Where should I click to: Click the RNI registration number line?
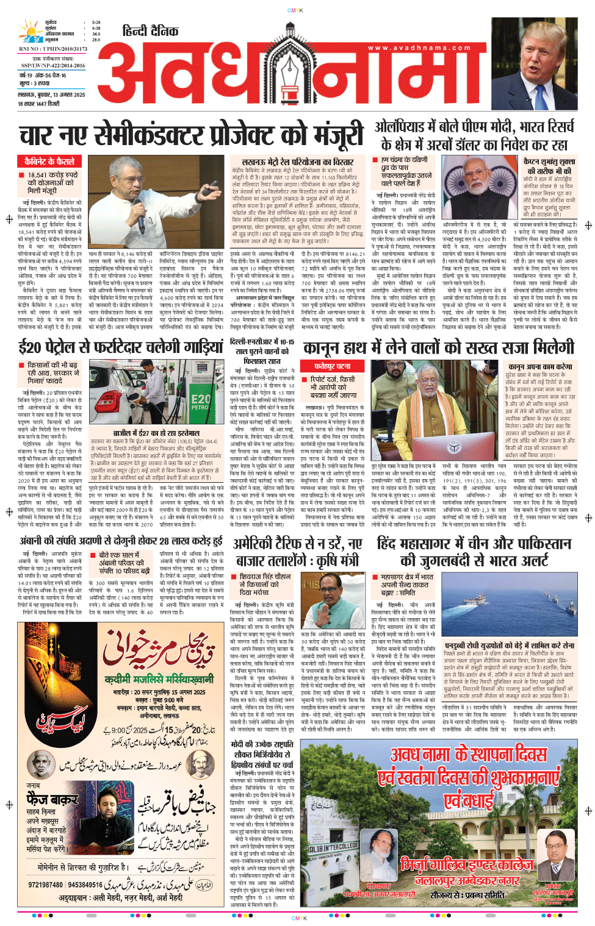point(52,49)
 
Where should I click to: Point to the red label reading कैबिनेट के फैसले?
point(49,162)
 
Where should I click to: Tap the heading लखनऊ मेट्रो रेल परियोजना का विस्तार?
point(298,162)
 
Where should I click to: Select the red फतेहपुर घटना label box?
point(332,366)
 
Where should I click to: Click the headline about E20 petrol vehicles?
point(120,347)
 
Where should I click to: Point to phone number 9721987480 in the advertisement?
point(46,885)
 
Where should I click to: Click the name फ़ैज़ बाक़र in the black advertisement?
point(52,799)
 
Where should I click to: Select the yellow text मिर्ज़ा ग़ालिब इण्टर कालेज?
point(467,864)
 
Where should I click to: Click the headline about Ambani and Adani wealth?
point(121,541)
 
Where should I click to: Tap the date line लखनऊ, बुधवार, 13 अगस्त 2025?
point(51,95)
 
